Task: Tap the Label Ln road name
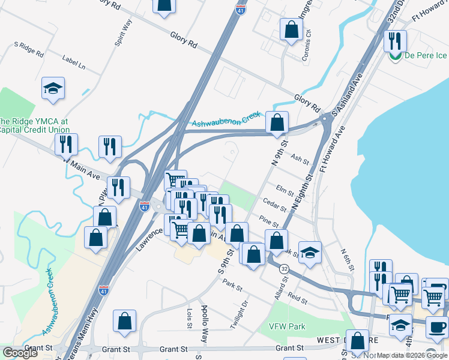point(73,61)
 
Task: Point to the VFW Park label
point(288,327)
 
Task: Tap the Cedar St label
point(275,205)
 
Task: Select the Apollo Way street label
point(205,330)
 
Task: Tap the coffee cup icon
point(437,328)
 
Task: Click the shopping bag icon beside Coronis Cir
point(291,29)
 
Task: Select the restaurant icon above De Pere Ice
point(395,40)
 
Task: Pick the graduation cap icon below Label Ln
point(53,89)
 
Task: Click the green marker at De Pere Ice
point(395,57)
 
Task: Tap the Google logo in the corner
point(20,353)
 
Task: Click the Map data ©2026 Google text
point(412,355)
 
